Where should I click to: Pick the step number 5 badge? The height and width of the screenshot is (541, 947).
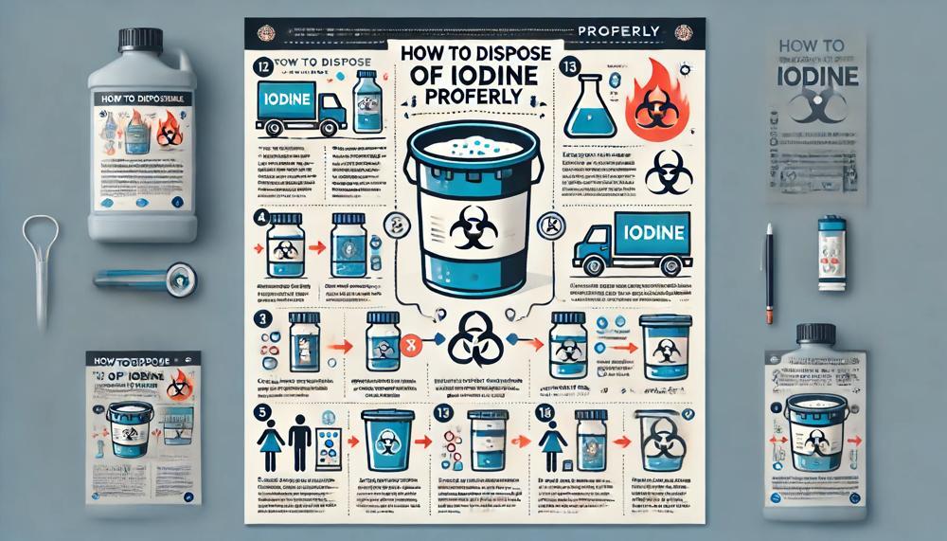tap(261, 413)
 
